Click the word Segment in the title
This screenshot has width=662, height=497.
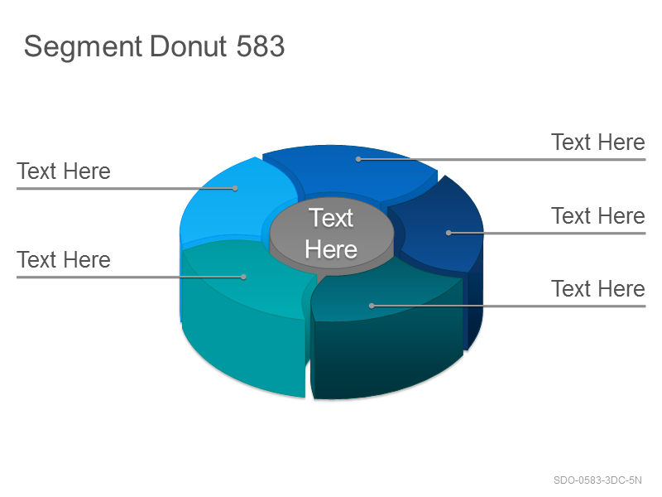tap(83, 47)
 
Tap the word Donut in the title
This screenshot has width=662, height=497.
tap(189, 46)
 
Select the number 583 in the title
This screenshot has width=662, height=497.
tap(261, 46)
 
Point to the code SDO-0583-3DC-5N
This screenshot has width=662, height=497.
tap(597, 480)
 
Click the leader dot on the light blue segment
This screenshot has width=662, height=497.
tap(235, 189)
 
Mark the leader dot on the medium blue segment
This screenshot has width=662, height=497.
tap(358, 159)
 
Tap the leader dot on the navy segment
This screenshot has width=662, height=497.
tap(449, 233)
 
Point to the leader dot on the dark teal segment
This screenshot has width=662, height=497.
tap(372, 306)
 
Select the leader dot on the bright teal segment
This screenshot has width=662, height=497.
tap(243, 277)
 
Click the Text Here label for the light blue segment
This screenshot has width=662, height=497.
tap(64, 171)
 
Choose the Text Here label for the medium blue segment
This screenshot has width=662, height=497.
tap(598, 142)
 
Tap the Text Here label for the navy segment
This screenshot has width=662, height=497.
tap(598, 216)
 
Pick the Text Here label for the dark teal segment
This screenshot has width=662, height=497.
tap(598, 289)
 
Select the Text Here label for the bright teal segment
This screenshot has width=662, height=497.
tap(64, 260)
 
